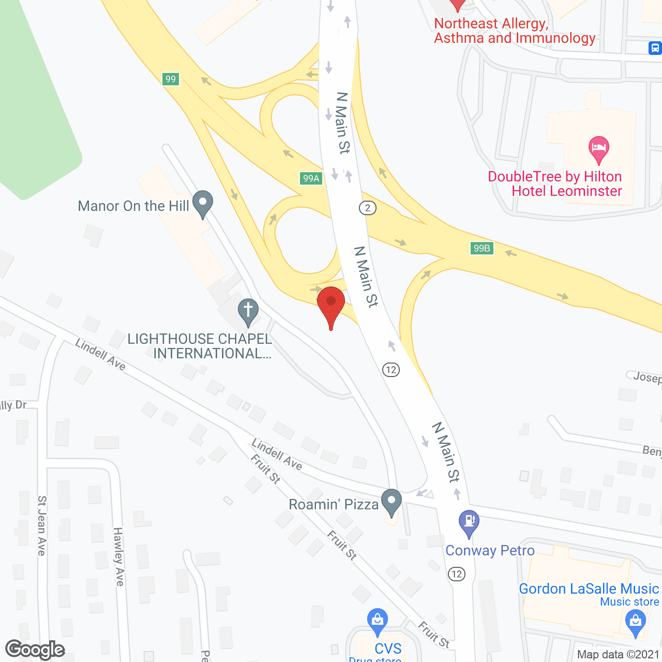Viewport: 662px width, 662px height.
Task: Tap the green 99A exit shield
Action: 311,178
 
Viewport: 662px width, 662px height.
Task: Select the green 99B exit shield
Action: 482,248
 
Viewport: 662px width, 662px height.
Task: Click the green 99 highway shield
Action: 171,79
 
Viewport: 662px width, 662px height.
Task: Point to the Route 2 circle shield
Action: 368,208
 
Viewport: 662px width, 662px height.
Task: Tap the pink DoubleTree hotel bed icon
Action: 599,148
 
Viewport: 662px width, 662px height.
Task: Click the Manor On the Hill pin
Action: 203,203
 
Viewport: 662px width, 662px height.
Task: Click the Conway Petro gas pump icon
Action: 469,522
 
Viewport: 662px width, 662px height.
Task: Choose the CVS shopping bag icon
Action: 378,621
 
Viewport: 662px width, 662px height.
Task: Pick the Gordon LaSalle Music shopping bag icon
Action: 635,622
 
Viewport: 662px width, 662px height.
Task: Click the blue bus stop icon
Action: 655,48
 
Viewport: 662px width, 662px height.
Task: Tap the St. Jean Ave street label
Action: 42,525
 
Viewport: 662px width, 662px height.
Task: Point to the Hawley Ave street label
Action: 118,556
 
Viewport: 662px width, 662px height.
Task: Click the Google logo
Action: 35,650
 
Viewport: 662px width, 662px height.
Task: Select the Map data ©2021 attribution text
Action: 619,655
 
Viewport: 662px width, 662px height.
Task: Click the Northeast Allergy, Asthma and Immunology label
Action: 515,31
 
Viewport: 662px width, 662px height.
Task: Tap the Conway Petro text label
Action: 490,551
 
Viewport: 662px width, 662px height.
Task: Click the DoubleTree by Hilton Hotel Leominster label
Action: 555,184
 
